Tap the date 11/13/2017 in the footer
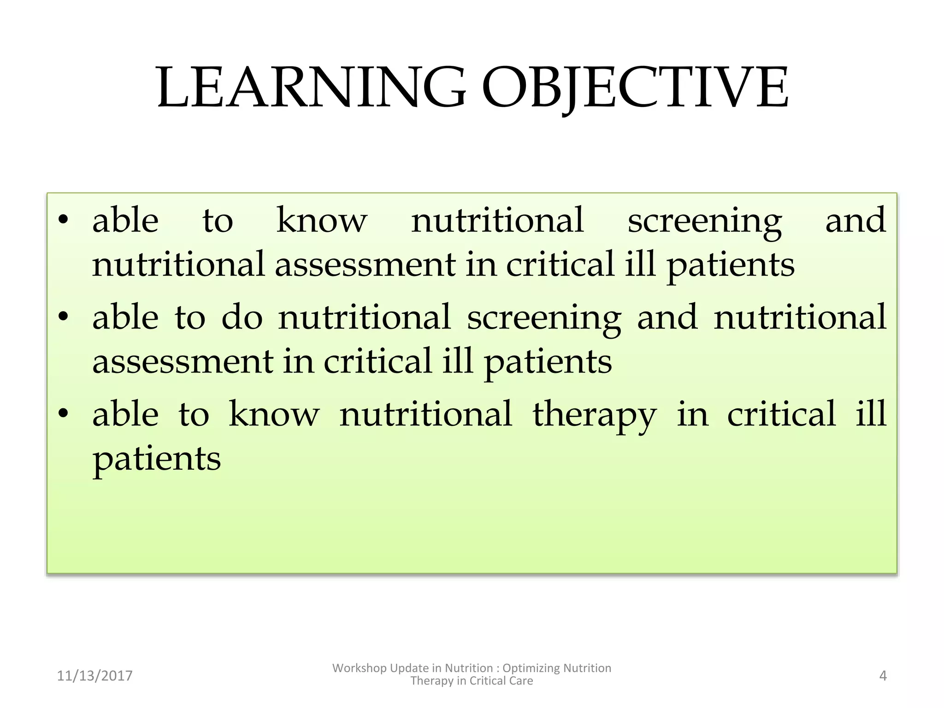[94, 676]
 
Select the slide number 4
[883, 676]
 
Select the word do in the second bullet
[242, 317]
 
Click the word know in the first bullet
[322, 220]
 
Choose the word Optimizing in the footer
[531, 668]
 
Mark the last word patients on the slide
[157, 459]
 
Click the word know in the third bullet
[274, 414]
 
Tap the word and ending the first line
[855, 220]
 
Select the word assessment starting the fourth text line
[183, 361]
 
